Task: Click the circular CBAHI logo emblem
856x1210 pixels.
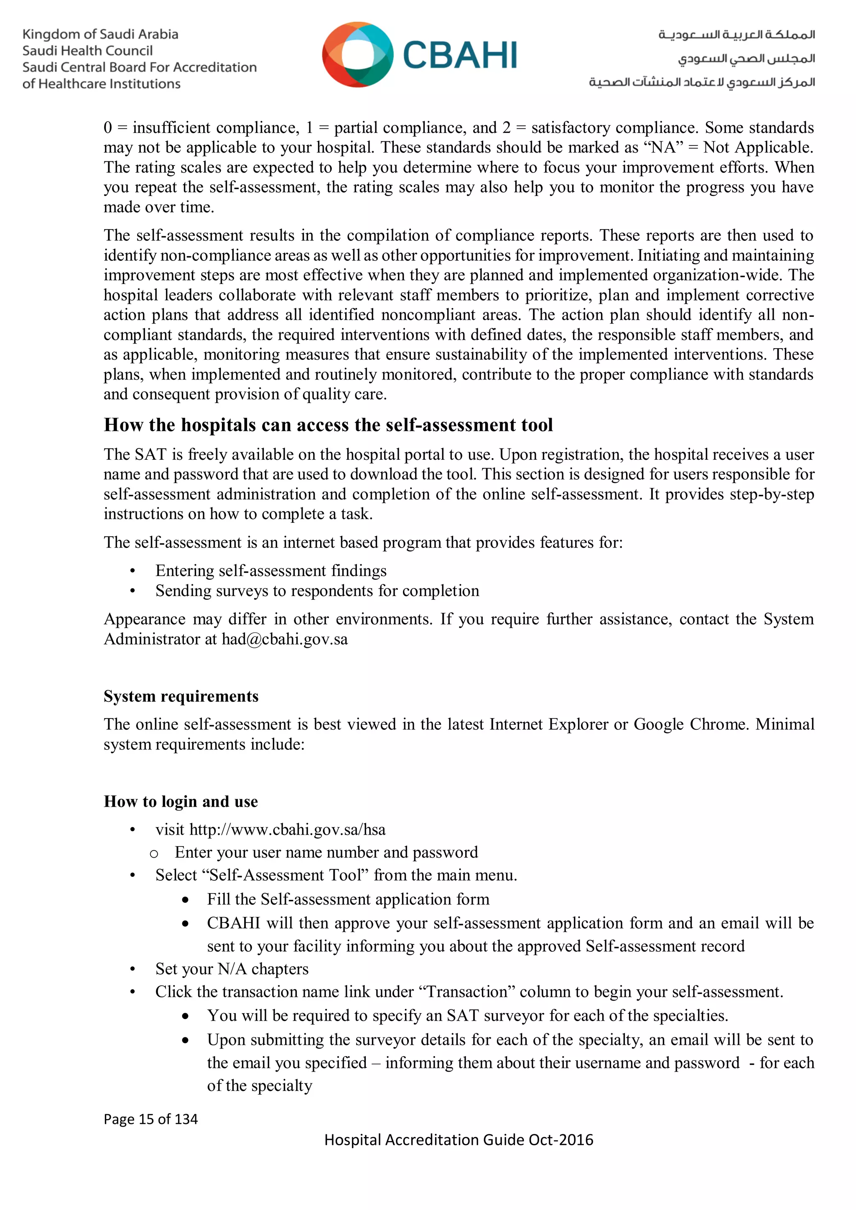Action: pos(357,55)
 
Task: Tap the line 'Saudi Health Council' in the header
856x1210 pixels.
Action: pos(87,51)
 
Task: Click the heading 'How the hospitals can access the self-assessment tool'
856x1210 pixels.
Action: pos(328,425)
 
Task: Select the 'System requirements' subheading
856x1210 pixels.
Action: pos(181,696)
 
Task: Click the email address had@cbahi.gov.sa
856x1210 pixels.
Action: pos(285,639)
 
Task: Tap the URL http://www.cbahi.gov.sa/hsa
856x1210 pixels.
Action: pos(287,830)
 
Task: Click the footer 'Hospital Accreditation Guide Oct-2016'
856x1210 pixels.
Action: pos(459,1140)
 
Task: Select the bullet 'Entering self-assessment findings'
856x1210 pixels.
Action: pos(270,571)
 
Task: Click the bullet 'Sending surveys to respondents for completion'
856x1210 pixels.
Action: pos(317,591)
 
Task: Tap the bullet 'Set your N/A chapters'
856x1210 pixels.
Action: pos(232,969)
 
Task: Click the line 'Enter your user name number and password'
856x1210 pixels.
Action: pos(326,852)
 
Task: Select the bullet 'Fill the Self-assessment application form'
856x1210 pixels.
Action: pos(348,899)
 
